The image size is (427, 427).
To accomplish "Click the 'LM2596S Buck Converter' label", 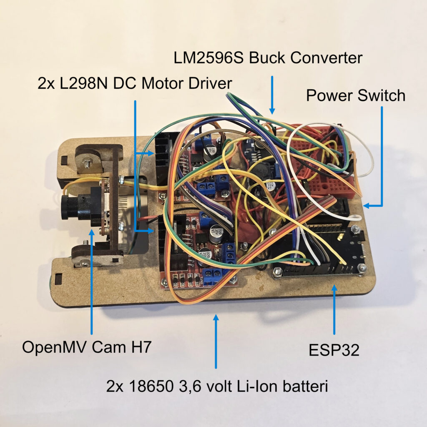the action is [x=268, y=58].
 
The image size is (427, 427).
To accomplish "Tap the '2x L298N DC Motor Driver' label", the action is [x=135, y=83].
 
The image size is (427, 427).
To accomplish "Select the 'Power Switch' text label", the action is [x=356, y=95].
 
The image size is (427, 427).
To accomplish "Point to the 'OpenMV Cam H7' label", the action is [x=87, y=347].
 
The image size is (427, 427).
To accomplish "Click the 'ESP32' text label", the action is [x=334, y=350].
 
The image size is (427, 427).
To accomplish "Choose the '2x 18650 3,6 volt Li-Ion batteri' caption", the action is [x=217, y=386].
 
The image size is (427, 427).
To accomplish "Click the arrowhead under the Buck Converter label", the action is [x=272, y=111].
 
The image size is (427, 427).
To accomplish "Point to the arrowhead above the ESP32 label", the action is [x=334, y=288].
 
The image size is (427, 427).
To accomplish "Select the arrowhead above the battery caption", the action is [x=216, y=318].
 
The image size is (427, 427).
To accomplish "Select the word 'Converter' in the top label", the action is [x=326, y=58].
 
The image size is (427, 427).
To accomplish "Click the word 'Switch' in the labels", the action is [x=381, y=95].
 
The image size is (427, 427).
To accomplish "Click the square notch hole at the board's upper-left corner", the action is [x=65, y=160].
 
